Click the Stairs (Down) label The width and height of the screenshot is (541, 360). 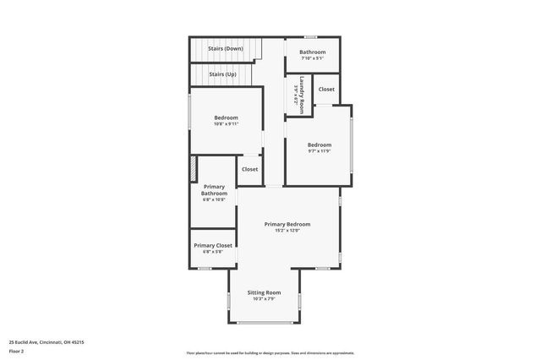point(226,49)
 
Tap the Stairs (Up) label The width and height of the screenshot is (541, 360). point(223,74)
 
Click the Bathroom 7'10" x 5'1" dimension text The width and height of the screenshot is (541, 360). point(312,59)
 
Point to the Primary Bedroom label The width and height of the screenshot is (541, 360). point(287,224)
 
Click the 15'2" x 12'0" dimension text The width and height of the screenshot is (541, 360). point(287,231)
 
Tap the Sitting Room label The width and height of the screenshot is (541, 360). point(264,292)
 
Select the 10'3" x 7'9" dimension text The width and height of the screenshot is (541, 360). point(264,299)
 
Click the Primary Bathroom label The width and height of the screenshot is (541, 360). point(214,189)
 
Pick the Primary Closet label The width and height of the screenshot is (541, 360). point(212,245)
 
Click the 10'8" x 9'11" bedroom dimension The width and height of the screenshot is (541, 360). point(226,123)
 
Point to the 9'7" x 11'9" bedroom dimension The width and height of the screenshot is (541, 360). point(319,151)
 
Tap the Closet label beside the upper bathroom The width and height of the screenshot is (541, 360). point(326,89)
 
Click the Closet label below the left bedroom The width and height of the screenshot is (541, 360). point(250,169)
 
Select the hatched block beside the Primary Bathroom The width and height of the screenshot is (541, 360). point(194,168)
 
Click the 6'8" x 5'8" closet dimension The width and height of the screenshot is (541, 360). point(212,252)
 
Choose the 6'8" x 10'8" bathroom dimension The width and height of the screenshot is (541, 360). point(214,200)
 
